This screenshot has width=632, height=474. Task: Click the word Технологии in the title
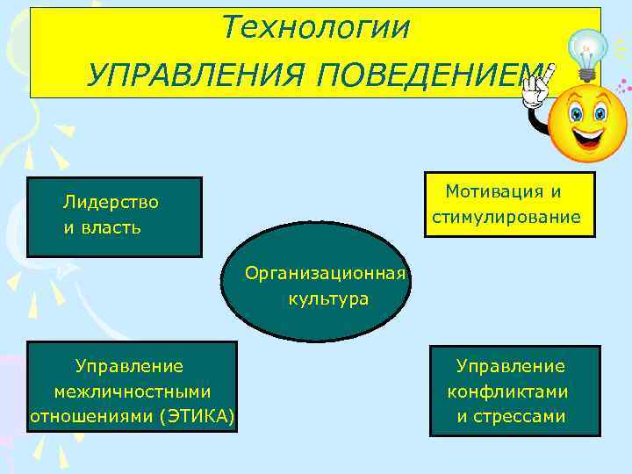point(315,28)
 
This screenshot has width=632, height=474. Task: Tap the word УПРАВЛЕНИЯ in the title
point(197,75)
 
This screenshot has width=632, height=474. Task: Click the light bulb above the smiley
point(587,53)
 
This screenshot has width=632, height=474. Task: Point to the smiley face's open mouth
point(589,137)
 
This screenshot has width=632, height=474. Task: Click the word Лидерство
point(111,203)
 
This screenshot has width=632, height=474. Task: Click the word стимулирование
point(506,217)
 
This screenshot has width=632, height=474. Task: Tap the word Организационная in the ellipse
point(325,274)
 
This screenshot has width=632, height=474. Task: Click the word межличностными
point(133,391)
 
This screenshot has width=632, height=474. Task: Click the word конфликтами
point(508,391)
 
